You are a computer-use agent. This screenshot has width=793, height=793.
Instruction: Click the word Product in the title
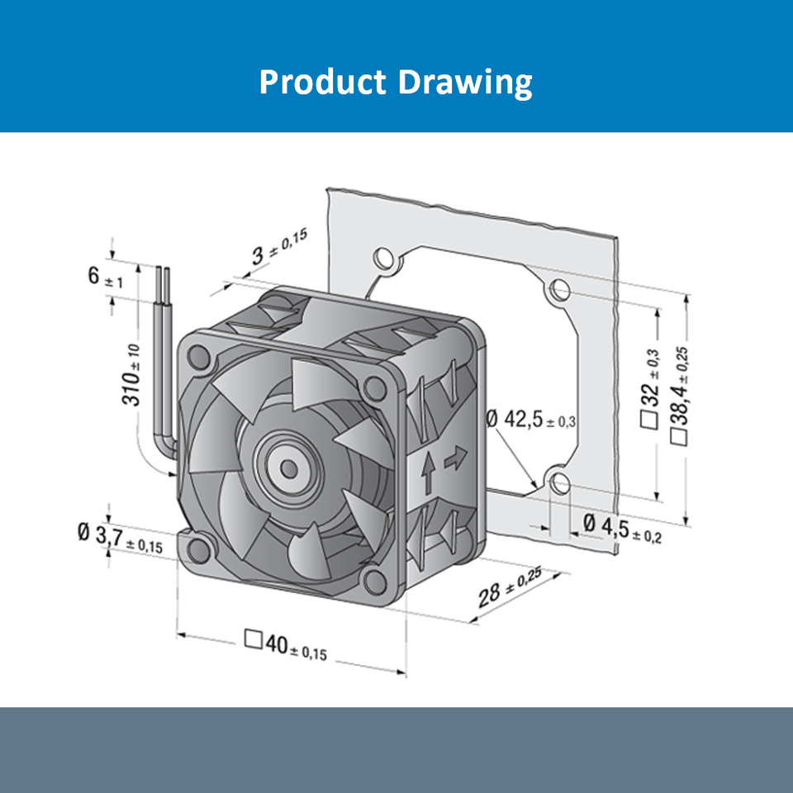click(322, 83)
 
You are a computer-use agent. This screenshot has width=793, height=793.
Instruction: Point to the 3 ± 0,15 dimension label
click(278, 247)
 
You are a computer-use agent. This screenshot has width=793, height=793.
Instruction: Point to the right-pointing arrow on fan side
click(455, 459)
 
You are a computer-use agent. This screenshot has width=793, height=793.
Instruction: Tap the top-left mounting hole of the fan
click(198, 357)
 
